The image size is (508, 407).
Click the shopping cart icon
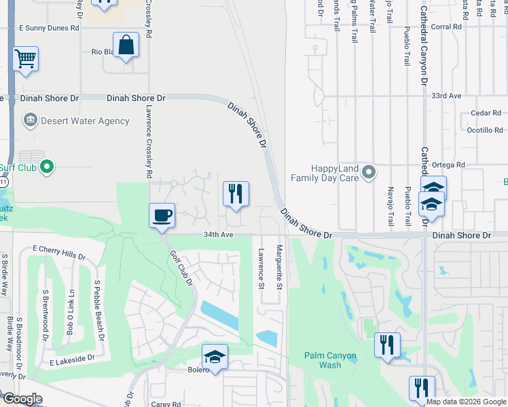tap(25, 58)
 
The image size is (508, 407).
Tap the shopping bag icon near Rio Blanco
tap(126, 45)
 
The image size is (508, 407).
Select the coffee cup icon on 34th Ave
tap(162, 216)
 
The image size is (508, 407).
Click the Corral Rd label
tap(446, 27)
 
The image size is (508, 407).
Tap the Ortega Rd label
tap(451, 165)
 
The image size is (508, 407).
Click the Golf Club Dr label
tap(182, 267)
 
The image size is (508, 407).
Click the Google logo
tap(22, 399)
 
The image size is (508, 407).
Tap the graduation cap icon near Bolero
tap(215, 357)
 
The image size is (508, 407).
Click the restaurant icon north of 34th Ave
tap(236, 194)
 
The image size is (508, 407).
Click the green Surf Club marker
tap(46, 166)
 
